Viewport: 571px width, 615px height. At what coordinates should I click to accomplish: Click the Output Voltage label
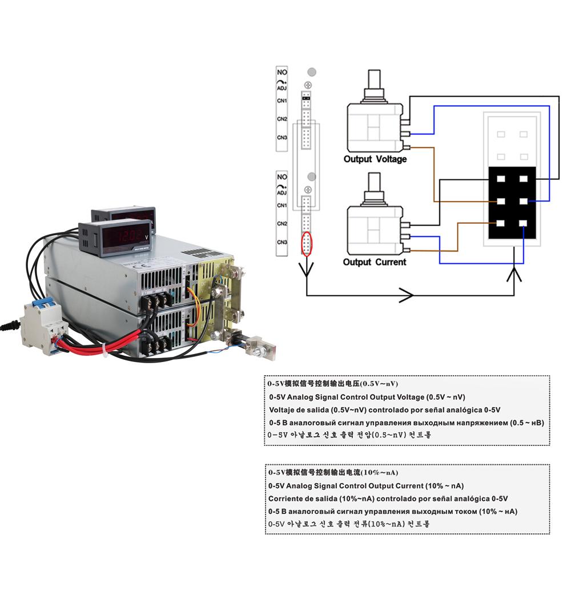(375, 159)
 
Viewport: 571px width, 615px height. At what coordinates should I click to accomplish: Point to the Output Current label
(375, 262)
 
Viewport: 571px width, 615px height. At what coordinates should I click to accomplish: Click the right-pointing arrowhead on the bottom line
(406, 295)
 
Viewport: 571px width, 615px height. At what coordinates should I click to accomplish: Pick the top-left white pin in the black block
(501, 179)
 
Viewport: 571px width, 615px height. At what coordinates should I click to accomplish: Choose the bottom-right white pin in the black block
(523, 223)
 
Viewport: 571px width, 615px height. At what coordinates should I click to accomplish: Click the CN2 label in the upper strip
(282, 119)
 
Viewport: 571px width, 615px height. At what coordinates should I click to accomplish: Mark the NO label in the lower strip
(282, 177)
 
